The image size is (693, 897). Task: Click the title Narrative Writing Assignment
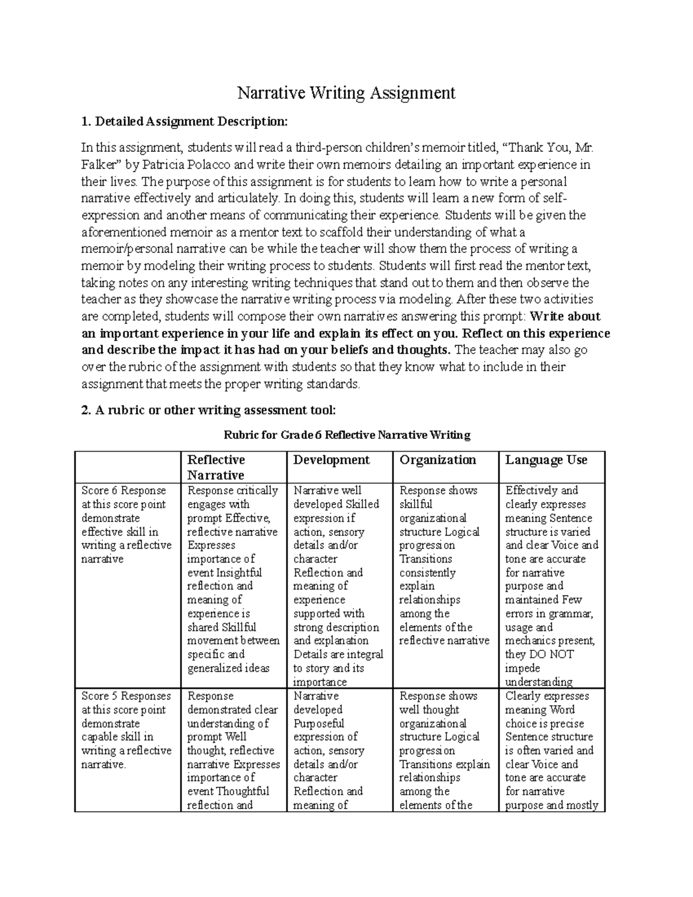point(346,93)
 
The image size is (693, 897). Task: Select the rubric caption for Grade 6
point(346,435)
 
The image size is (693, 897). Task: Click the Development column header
point(331,460)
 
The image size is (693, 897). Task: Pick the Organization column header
point(438,460)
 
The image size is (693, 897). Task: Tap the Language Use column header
point(546,460)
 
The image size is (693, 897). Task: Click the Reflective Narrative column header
point(216,467)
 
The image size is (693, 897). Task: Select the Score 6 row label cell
point(127,524)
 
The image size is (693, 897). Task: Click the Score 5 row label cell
point(127,730)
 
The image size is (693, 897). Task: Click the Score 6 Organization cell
point(445,565)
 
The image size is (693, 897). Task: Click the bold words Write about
point(565,317)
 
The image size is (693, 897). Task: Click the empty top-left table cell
point(128,467)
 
